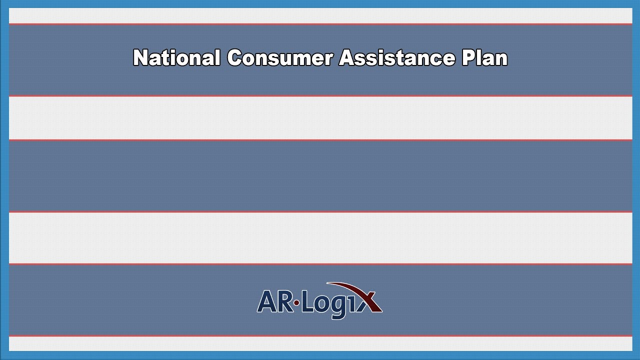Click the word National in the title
tap(176, 58)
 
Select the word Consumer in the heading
tap(280, 58)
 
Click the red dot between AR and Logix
tap(296, 302)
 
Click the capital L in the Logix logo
tap(307, 301)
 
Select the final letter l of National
tap(217, 58)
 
